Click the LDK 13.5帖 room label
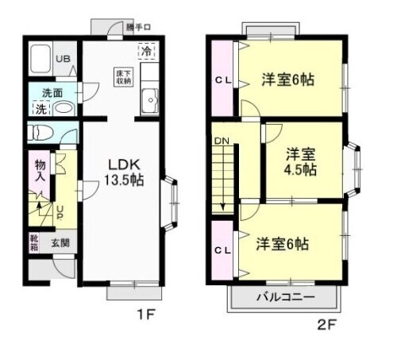tap(126, 172)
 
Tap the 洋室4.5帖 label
tap(301, 161)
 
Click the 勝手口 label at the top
tap(137, 27)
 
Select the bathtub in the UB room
tap(40, 60)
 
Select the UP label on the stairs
tap(60, 213)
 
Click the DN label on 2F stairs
tap(220, 142)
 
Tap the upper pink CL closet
tap(223, 79)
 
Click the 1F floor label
tap(144, 313)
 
